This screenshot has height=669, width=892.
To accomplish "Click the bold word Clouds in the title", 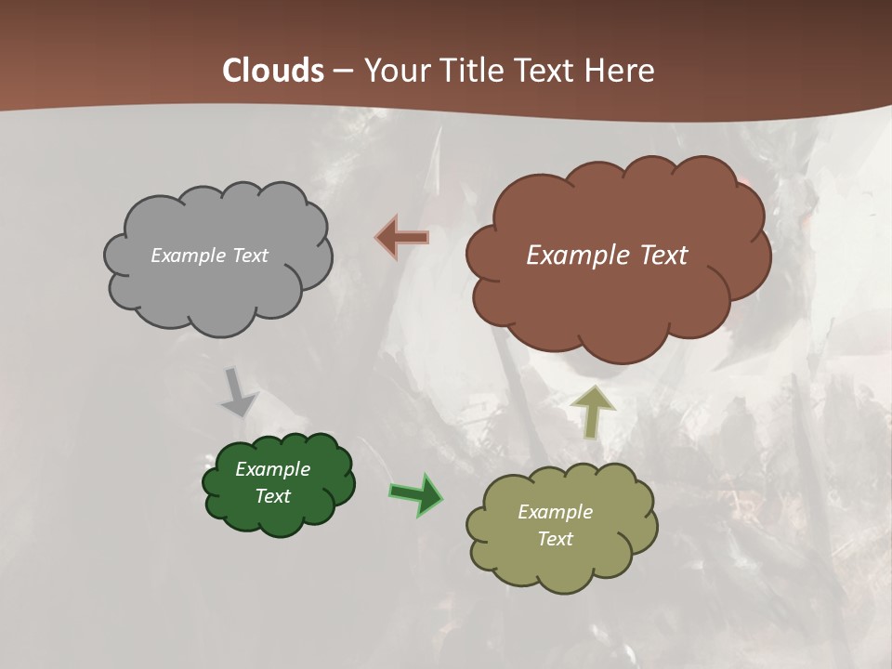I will pos(273,71).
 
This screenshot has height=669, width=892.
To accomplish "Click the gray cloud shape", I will pos(218,288).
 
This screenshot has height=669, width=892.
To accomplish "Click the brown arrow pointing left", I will pos(401,237).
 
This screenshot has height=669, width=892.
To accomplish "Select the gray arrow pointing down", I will pos(238,392).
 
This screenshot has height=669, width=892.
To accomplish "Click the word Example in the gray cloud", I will pos(186,256).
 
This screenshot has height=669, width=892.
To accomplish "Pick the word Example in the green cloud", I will pos(272,469).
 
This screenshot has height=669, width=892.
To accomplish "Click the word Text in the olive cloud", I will pos(555,539).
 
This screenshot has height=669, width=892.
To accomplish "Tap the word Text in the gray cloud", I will pos(248,256).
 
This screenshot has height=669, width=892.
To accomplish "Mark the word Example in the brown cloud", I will pos(574,256).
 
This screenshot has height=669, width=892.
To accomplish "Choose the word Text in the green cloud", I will pos(272,496).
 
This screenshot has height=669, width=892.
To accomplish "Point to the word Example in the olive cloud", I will pos(555,512).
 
